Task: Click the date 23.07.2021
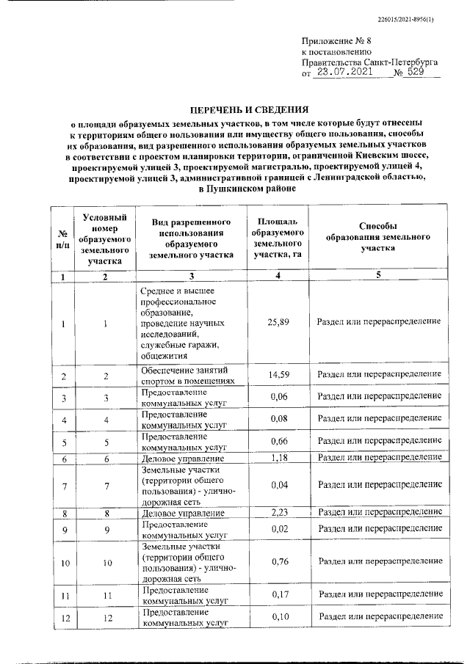click(x=342, y=73)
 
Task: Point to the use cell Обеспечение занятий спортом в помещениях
click(x=188, y=376)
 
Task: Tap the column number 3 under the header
click(x=190, y=276)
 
